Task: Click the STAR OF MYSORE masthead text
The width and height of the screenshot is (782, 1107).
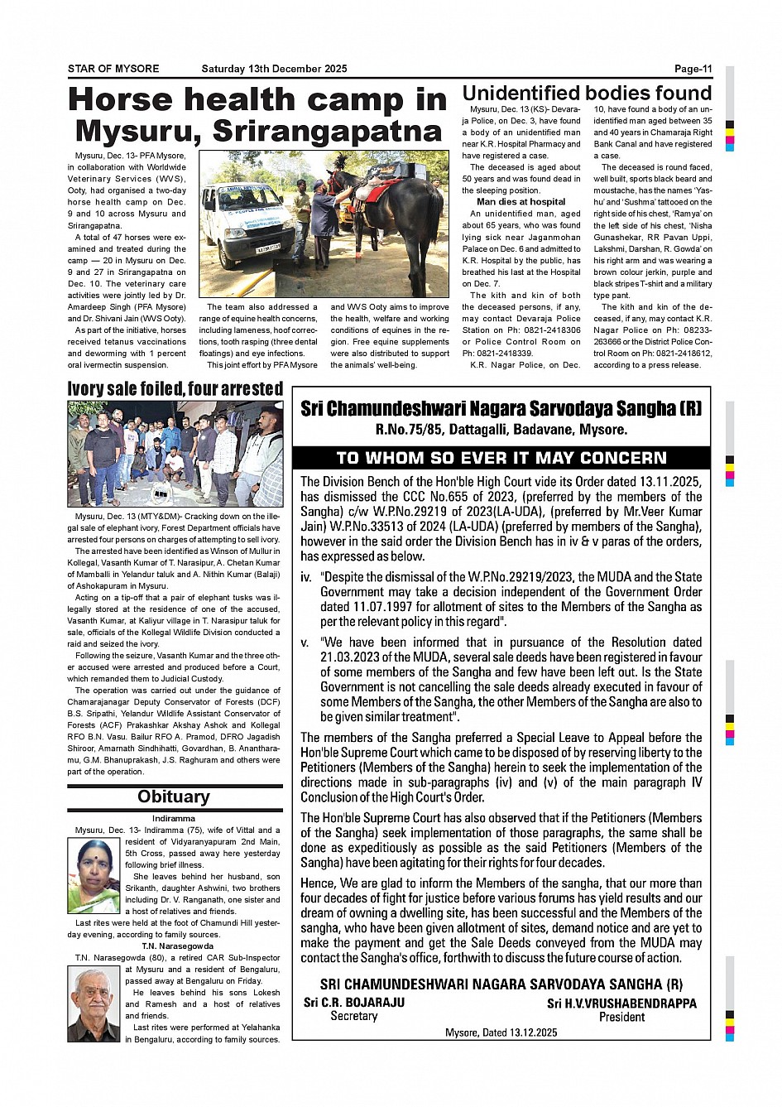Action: (113, 69)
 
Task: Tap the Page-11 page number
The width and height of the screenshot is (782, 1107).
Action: (693, 69)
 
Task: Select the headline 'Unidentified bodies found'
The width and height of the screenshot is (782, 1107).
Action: (587, 93)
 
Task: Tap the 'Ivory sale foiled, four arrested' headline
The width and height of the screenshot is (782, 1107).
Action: (175, 388)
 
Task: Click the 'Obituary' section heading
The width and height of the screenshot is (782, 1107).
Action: (174, 797)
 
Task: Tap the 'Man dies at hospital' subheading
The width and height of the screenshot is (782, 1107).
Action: (521, 201)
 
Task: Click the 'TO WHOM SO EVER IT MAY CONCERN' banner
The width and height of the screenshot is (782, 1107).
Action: (501, 458)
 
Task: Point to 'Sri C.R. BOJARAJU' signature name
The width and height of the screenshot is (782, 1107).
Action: (354, 1002)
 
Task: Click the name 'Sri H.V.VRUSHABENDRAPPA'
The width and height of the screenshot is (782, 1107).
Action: (621, 1004)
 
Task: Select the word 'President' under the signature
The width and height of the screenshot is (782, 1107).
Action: (621, 1017)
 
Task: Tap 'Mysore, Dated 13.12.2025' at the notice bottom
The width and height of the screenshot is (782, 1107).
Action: (501, 1032)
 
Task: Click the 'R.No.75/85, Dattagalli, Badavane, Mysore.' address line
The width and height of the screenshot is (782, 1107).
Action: (501, 429)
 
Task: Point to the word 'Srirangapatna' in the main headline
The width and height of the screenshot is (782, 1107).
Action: (328, 131)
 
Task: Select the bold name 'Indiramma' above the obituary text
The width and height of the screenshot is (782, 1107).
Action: (174, 818)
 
